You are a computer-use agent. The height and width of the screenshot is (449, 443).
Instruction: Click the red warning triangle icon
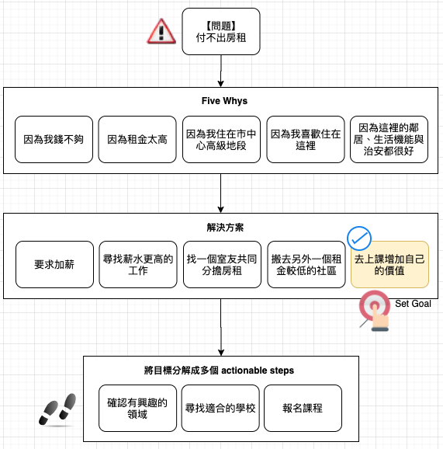[x=161, y=32]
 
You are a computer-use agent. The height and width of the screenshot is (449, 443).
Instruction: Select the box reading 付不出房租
[x=221, y=32]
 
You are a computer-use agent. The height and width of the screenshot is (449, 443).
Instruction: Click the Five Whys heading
[x=224, y=101]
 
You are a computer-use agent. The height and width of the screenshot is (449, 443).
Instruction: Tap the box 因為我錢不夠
[x=54, y=140]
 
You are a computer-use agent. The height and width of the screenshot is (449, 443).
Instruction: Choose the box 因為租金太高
[x=137, y=140]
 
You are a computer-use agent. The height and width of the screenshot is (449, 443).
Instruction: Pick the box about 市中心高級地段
[x=221, y=140]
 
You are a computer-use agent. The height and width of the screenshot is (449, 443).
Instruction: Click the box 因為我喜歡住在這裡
[x=306, y=140]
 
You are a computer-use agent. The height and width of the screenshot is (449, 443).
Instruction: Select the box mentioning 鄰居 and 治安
[x=389, y=140]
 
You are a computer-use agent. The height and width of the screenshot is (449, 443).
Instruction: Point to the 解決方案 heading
[x=225, y=228]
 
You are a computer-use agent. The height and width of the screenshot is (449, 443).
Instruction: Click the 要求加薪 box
[x=54, y=265]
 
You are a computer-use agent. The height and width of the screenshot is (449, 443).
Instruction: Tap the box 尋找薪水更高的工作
[x=138, y=265]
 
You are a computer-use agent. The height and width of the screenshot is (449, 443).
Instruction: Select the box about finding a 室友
[x=222, y=265]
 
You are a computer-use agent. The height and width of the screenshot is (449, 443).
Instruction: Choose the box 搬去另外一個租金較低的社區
[x=306, y=265]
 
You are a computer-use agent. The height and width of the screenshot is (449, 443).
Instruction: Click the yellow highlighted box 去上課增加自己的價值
[x=389, y=265]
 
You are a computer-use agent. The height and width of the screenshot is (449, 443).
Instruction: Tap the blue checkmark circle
[x=359, y=238]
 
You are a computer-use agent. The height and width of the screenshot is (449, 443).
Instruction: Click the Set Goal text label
[x=413, y=304]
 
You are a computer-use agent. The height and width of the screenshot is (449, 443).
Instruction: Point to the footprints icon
[x=57, y=409]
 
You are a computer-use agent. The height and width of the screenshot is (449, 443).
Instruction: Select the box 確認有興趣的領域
[x=138, y=409]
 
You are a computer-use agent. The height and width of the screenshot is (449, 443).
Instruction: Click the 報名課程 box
[x=303, y=409]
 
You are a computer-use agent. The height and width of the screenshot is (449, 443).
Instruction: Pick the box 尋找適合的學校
[x=220, y=409]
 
